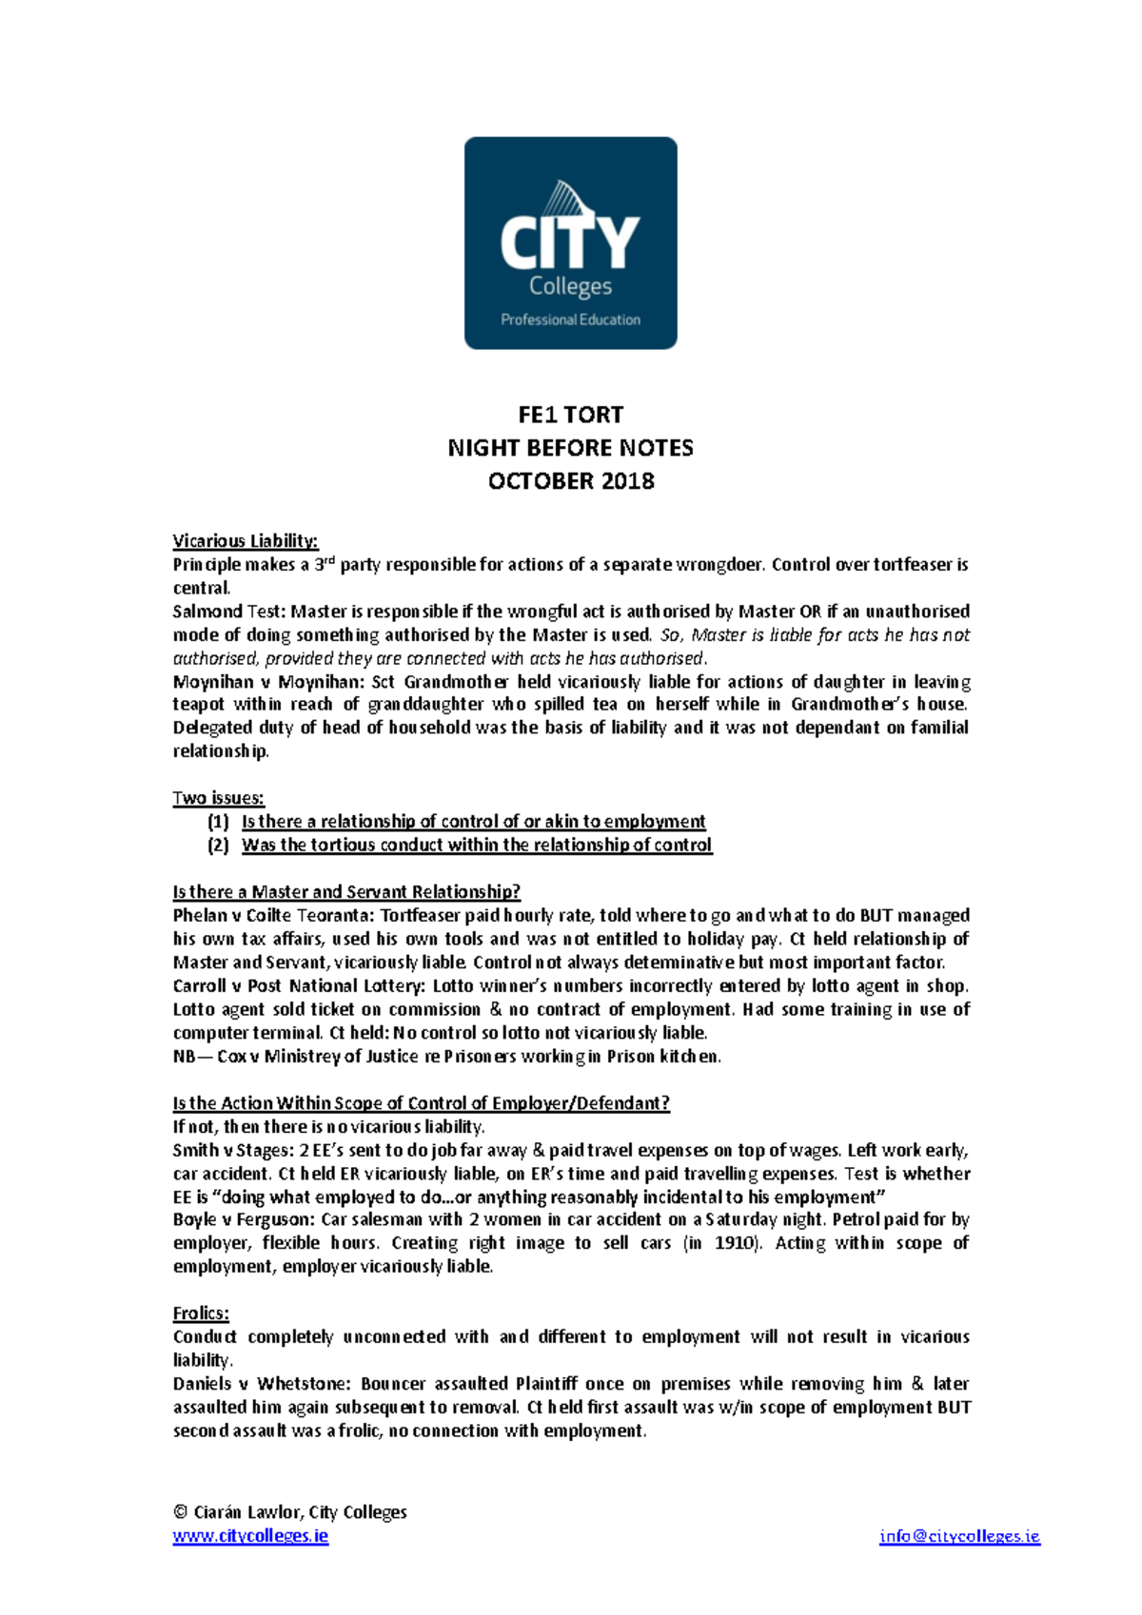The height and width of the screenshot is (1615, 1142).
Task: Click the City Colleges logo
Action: click(x=570, y=243)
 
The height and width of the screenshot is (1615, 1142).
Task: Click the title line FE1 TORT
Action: click(x=570, y=415)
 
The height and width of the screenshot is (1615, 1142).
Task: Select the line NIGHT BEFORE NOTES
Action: click(x=570, y=448)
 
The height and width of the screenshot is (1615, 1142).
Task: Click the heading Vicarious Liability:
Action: click(x=246, y=541)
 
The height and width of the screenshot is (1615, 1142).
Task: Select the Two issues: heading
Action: click(x=218, y=798)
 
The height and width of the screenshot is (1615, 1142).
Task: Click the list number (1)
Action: click(x=219, y=822)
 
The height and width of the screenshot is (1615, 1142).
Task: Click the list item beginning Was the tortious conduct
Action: click(x=476, y=846)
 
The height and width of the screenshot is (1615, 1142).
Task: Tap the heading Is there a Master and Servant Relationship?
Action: click(x=346, y=892)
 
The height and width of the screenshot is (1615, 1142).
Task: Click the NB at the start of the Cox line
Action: click(x=185, y=1057)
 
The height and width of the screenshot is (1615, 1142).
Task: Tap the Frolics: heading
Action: click(x=201, y=1313)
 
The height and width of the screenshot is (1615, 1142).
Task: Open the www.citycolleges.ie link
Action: click(x=250, y=1536)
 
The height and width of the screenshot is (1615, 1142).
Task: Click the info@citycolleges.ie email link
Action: click(x=959, y=1536)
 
